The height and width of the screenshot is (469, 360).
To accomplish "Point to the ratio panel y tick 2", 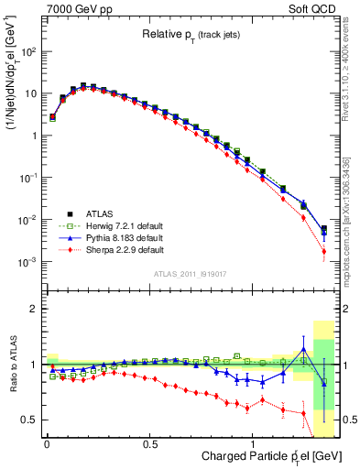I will point(35,309).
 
